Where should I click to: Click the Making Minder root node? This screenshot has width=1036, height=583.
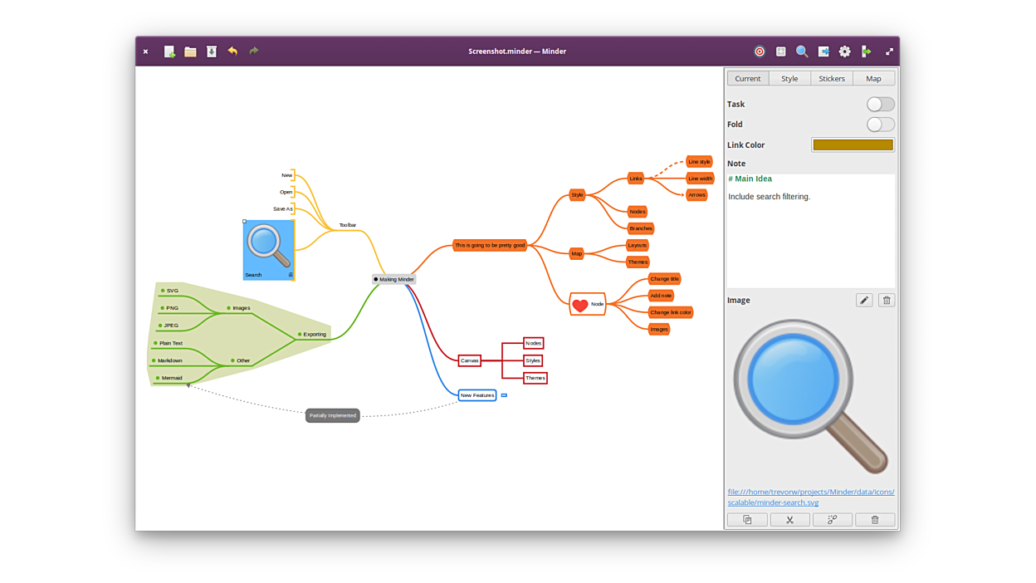point(394,279)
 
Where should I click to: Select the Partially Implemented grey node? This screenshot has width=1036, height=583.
point(332,415)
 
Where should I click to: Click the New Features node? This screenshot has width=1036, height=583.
point(477,395)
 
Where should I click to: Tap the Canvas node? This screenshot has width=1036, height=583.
point(470,360)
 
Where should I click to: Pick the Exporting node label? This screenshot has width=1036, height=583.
point(315,335)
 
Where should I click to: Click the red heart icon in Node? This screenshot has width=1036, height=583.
point(580,305)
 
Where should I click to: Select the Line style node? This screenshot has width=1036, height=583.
point(699,162)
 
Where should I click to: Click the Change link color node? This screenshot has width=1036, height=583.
point(671,312)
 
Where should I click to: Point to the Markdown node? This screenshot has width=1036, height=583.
point(169,360)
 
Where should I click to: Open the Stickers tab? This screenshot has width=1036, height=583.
point(831,78)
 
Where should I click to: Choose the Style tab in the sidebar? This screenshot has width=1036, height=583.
point(789,78)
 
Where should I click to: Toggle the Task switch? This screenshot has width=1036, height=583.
point(880,104)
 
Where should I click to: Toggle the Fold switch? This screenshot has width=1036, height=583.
point(880,125)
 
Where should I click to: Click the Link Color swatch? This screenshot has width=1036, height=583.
point(853,145)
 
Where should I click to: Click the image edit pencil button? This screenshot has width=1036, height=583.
point(864,300)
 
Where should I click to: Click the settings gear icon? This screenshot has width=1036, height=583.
point(844,51)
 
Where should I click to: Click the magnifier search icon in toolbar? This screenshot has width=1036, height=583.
point(802,51)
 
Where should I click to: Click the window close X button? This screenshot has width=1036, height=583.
point(145,51)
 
